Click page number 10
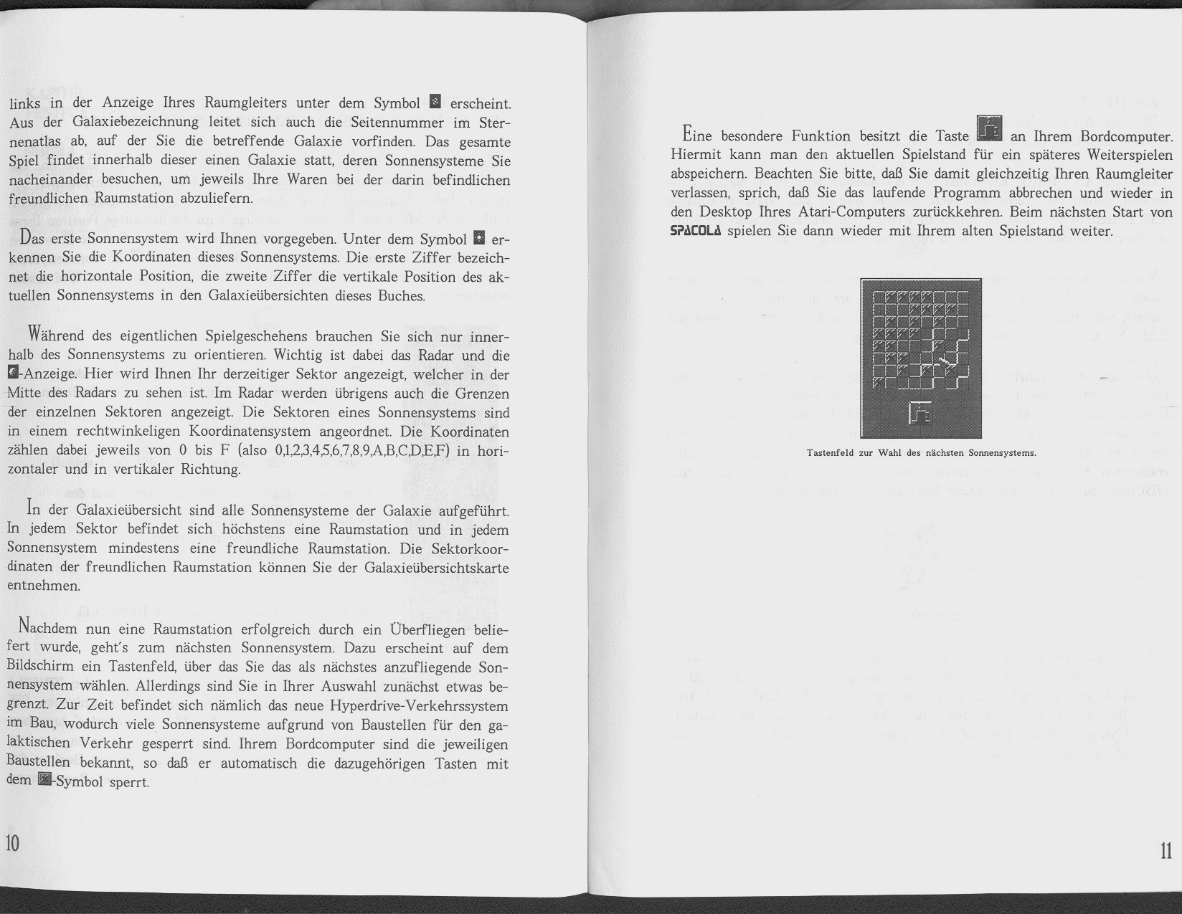click(x=13, y=843)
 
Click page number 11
click(x=1166, y=851)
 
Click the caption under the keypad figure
click(x=921, y=453)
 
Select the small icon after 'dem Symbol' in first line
click(x=434, y=103)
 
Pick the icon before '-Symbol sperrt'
click(x=44, y=780)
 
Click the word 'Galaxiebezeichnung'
click(x=131, y=122)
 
